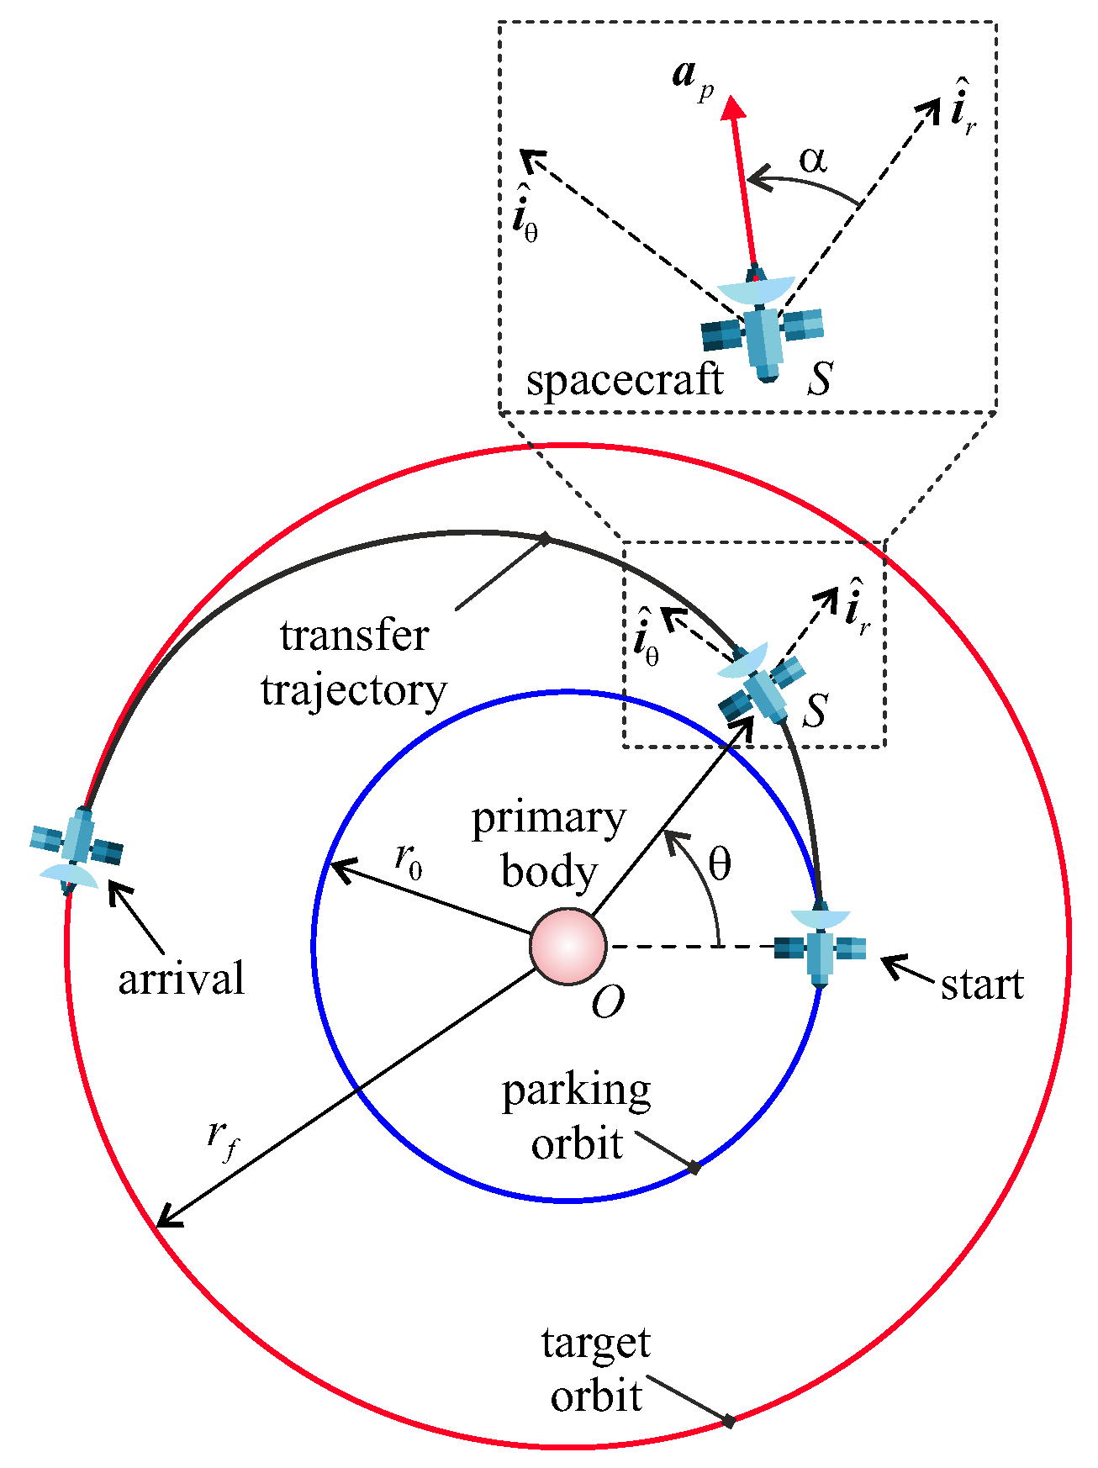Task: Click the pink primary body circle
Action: pyautogui.click(x=567, y=946)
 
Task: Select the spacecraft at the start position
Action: pyautogui.click(x=820, y=948)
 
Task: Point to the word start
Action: pyautogui.click(x=981, y=984)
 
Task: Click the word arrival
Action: pyautogui.click(x=181, y=979)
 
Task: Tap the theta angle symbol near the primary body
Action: pyautogui.click(x=719, y=864)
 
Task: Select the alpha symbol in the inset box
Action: pyautogui.click(x=812, y=159)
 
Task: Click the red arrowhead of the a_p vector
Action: pyautogui.click(x=734, y=108)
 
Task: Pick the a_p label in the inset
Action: pyautogui.click(x=692, y=78)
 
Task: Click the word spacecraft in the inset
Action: pyautogui.click(x=624, y=380)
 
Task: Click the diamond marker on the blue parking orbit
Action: pyautogui.click(x=694, y=1168)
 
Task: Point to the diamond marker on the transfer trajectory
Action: pyautogui.click(x=545, y=538)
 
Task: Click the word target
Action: pyautogui.click(x=595, y=1343)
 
